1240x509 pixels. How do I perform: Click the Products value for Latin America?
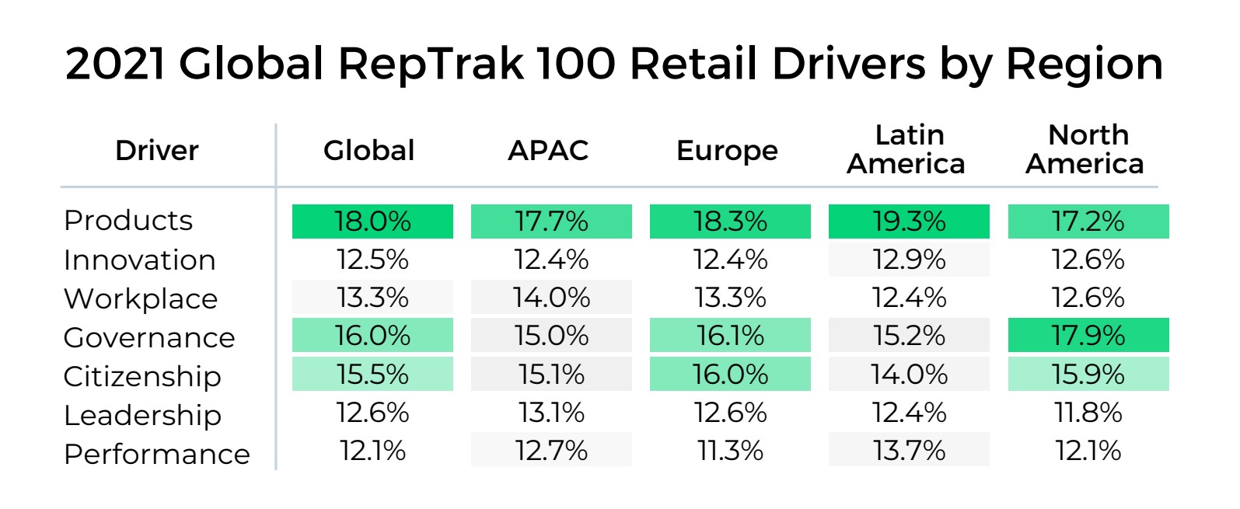pyautogui.click(x=909, y=221)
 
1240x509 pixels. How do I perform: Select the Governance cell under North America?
pyautogui.click(x=1088, y=336)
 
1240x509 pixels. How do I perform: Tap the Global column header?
pyautogui.click(x=369, y=150)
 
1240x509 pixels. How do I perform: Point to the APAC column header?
pyautogui.click(x=548, y=150)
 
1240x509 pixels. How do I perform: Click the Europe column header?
pyautogui.click(x=727, y=151)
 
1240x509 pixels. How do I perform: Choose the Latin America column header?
pyautogui.click(x=906, y=149)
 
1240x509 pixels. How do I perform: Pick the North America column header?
pyautogui.click(x=1085, y=149)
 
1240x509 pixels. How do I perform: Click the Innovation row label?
pyautogui.click(x=140, y=260)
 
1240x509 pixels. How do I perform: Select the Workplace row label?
pyautogui.click(x=141, y=299)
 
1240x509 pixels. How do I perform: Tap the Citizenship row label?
pyautogui.click(x=142, y=376)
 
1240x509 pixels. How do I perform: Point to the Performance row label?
pyautogui.click(x=157, y=454)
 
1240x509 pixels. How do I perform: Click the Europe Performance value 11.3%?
pyautogui.click(x=730, y=451)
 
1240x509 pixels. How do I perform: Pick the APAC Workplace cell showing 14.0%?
pyautogui.click(x=551, y=298)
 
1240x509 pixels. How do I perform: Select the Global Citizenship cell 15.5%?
pyautogui.click(x=372, y=375)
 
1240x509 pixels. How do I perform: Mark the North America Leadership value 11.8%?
pyautogui.click(x=1088, y=413)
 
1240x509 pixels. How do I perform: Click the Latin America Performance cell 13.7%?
pyautogui.click(x=909, y=451)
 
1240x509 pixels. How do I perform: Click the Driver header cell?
pyautogui.click(x=157, y=150)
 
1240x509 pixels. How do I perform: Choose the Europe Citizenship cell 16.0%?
pyautogui.click(x=730, y=375)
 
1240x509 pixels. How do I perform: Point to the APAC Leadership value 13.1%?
pyautogui.click(x=551, y=413)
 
